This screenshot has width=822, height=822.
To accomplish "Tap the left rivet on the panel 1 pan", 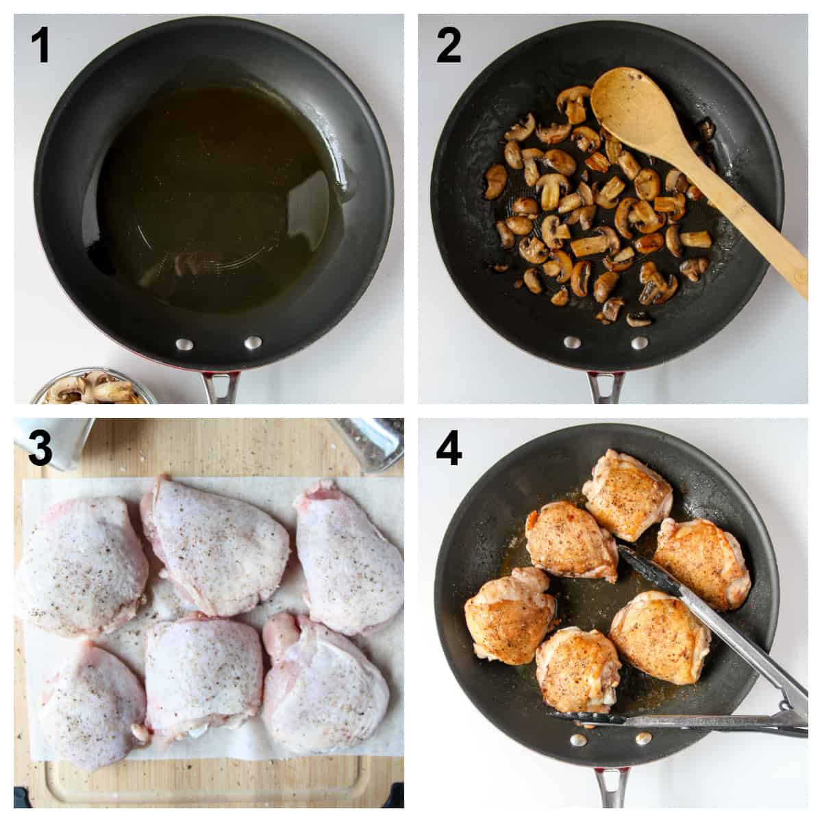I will coord(184,344).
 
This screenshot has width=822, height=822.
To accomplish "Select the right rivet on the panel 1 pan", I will coord(253,342).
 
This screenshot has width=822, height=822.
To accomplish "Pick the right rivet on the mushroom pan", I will coord(638,341).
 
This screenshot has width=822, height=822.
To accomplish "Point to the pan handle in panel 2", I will coord(606,387).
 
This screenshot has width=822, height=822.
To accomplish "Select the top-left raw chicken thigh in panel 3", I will coord(75,565).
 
